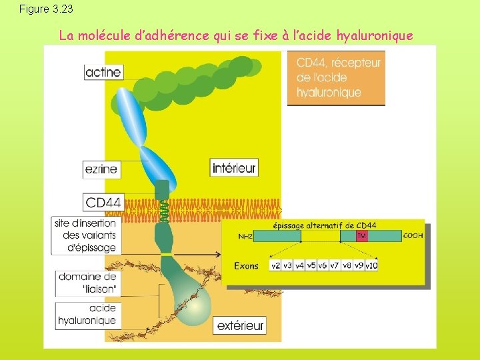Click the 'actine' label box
(x=104, y=72)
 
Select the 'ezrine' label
(x=101, y=169)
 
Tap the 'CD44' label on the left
(x=103, y=202)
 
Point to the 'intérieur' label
(x=234, y=168)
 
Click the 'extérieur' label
(x=240, y=325)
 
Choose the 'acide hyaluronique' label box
(x=87, y=315)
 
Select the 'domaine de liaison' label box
(x=87, y=283)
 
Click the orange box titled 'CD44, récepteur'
(x=336, y=78)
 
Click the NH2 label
(x=245, y=236)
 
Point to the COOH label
(x=413, y=235)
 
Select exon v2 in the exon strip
(x=275, y=265)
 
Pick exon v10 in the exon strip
(x=371, y=265)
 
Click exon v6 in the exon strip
(x=323, y=265)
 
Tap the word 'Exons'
(x=246, y=265)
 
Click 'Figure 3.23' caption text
(x=47, y=9)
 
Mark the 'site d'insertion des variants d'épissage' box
(x=85, y=235)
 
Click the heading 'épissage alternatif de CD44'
(x=334, y=225)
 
